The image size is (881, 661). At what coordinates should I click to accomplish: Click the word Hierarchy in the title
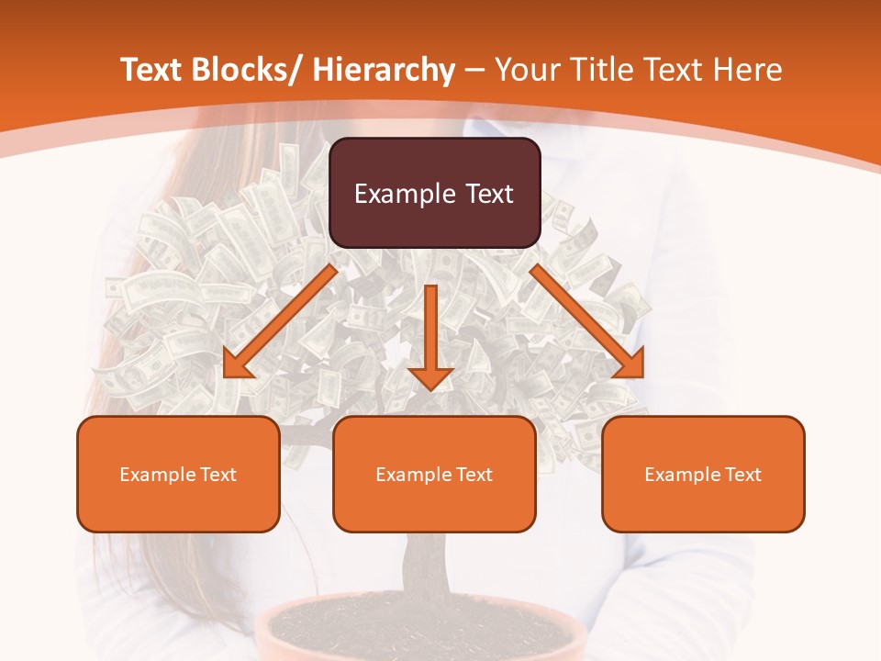coord(384,70)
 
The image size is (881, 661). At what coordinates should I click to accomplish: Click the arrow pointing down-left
coord(280,321)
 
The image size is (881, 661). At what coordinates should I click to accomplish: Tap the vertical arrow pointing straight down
coord(430,335)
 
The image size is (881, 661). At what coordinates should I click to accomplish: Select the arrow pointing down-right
coord(587,321)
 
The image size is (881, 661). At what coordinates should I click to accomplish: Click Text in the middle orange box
coord(474,475)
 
